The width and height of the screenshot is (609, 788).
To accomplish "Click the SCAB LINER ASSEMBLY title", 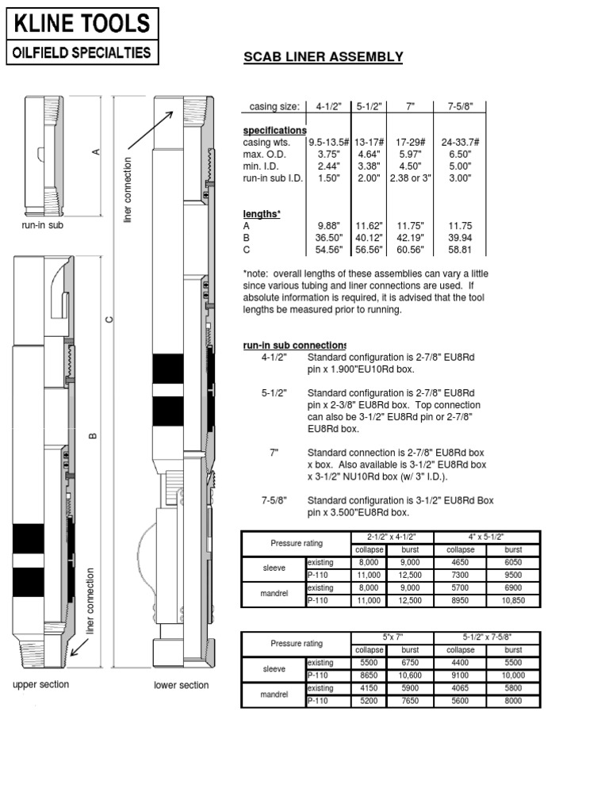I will point(323,57).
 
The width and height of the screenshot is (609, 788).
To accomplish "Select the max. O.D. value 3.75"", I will point(328,154).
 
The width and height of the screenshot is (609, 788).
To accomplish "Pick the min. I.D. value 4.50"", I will point(409,166).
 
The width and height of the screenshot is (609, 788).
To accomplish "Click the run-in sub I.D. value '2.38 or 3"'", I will point(409,178).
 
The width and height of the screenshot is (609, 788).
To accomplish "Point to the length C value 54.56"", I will point(328,250).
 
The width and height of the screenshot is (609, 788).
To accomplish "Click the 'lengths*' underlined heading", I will point(262,214).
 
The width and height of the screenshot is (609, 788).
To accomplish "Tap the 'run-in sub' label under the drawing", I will point(41,226).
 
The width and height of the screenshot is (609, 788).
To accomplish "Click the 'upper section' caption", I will point(40,684).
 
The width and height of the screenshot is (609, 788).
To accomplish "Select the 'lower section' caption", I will point(182,685).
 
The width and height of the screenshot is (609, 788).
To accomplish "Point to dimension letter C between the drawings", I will point(110,319).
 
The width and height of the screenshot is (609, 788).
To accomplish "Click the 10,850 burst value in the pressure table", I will point(514,601).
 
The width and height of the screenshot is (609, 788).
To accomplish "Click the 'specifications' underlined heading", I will point(274,130).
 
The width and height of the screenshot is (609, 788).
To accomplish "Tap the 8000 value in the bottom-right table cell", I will point(514,701).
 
